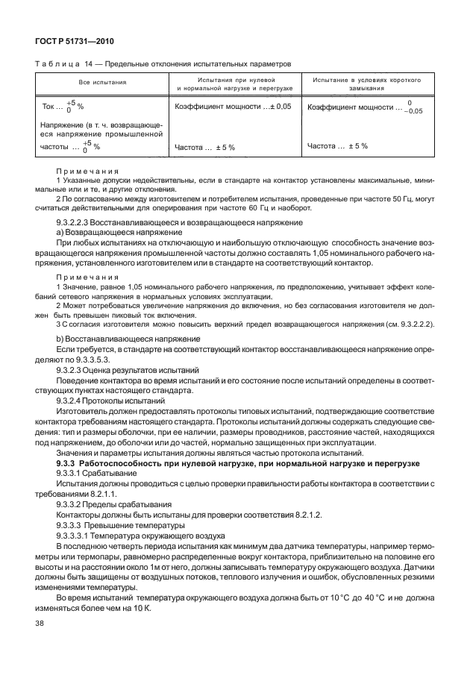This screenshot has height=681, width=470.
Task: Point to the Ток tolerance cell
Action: pyautogui.click(x=63, y=107)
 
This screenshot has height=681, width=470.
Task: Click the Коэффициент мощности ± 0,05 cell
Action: pyautogui.click(x=233, y=107)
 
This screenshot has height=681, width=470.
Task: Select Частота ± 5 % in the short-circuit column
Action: pyautogui.click(x=338, y=146)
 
